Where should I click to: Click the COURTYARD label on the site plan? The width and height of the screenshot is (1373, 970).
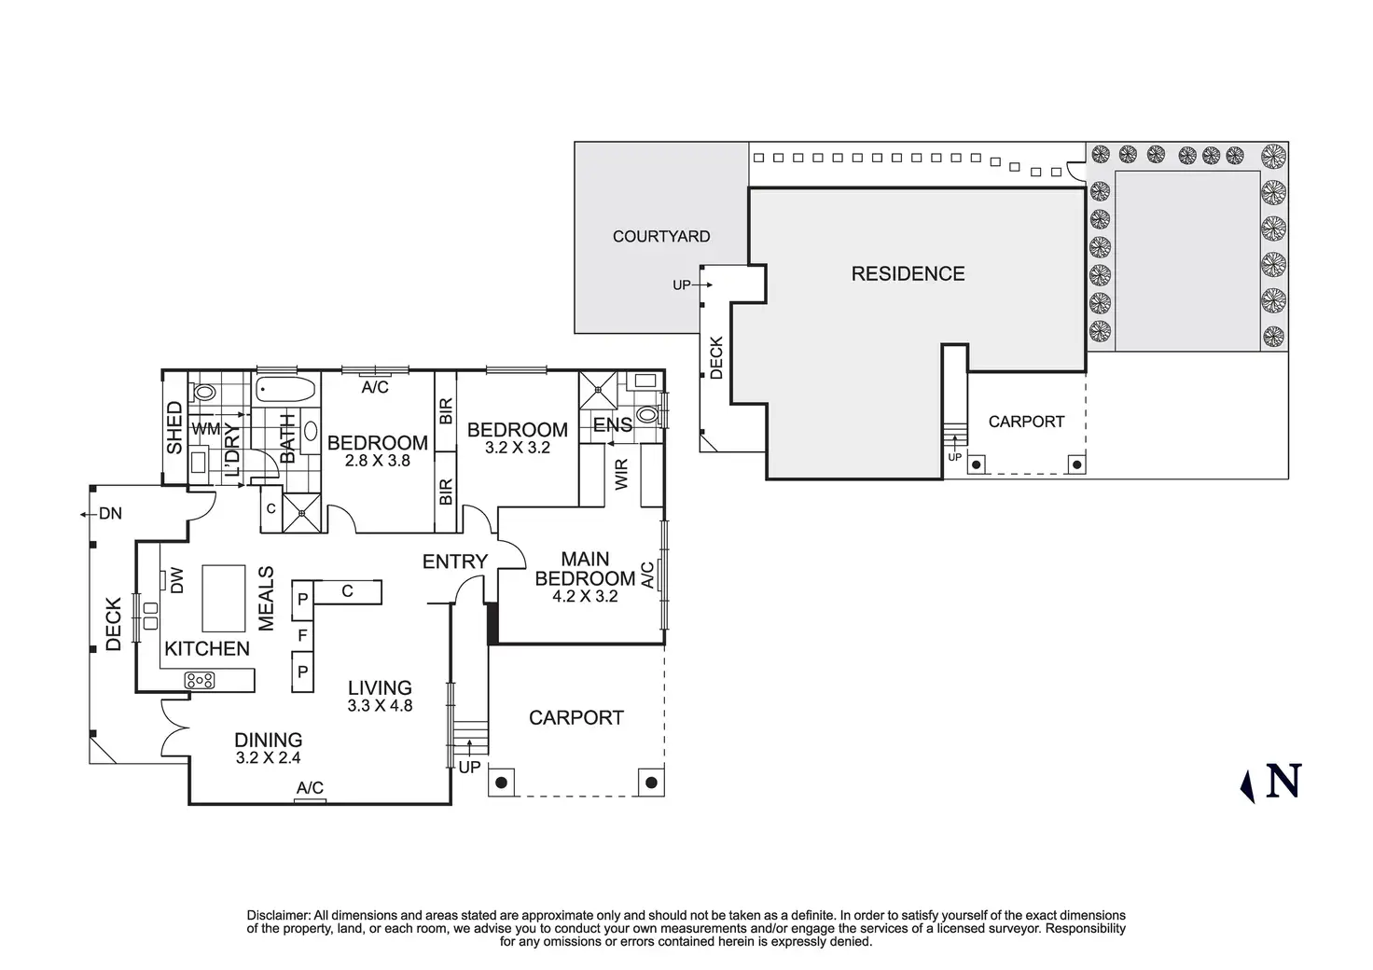(x=661, y=237)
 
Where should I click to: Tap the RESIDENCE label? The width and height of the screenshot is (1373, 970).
(x=908, y=274)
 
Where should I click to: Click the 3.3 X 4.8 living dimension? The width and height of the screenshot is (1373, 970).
(x=380, y=706)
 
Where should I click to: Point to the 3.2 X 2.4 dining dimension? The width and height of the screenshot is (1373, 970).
(x=269, y=758)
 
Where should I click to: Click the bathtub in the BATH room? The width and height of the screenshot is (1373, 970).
(x=285, y=389)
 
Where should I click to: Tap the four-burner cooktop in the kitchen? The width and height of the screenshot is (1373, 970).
(x=200, y=680)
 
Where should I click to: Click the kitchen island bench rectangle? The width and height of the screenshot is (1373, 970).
(x=224, y=598)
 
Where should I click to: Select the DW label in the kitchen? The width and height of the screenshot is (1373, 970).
(x=176, y=580)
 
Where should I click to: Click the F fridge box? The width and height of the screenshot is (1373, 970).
(x=303, y=636)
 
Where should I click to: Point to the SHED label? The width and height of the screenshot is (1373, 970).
(x=174, y=428)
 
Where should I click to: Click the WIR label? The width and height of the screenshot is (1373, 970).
(x=621, y=475)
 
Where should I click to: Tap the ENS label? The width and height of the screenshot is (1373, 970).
(x=613, y=424)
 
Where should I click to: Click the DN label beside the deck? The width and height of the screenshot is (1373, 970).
(x=110, y=514)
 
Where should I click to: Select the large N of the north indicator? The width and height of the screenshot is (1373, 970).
(x=1283, y=781)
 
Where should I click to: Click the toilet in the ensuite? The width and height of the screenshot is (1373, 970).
(x=647, y=415)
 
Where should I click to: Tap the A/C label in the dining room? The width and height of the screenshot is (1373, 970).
(x=310, y=788)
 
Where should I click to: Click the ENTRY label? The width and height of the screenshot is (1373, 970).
(x=455, y=561)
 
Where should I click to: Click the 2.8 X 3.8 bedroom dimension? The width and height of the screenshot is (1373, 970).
(x=378, y=461)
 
